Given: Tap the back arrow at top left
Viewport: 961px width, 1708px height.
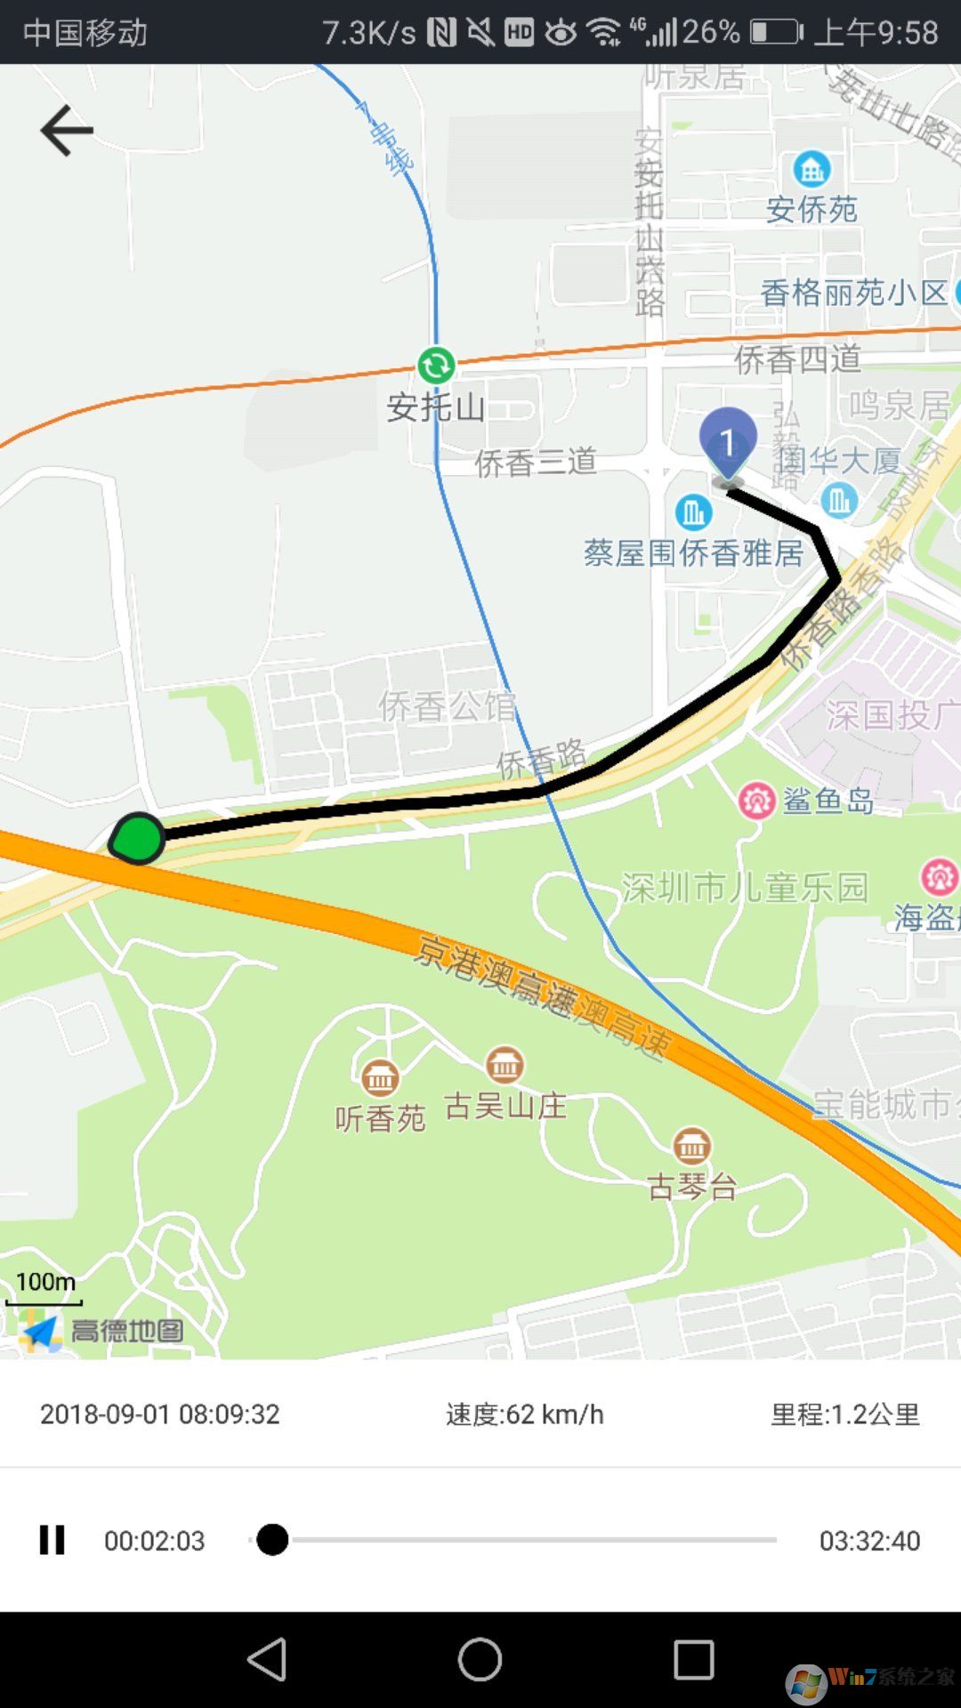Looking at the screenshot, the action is [67, 131].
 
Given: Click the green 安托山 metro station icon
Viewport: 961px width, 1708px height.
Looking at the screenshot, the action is [436, 365].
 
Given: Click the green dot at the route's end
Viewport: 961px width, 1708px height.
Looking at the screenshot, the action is [138, 838].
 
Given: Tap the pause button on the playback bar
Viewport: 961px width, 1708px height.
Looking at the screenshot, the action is [52, 1540].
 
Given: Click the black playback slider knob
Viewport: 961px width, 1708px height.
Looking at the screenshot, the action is [272, 1539].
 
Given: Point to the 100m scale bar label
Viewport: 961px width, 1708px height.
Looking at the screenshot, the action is [45, 1282].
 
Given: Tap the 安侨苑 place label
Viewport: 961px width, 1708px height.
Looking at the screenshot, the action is [812, 210].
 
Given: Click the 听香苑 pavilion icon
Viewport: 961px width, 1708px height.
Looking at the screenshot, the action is [380, 1078].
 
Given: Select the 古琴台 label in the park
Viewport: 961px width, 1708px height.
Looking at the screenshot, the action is [692, 1187].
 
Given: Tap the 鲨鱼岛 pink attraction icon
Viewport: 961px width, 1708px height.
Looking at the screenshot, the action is [756, 801].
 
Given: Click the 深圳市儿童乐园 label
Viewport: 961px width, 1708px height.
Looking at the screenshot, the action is [744, 888].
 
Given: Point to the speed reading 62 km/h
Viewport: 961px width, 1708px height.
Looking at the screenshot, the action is [525, 1414].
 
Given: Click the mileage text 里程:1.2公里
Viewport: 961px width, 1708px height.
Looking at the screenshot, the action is [844, 1414].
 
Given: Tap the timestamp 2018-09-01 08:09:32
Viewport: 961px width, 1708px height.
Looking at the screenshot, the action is [160, 1414].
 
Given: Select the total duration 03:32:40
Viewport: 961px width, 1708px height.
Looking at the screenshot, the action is [869, 1541].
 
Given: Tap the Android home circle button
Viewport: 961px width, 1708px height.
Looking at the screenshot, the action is [480, 1660].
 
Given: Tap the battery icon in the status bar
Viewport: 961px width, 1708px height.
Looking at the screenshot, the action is [776, 33].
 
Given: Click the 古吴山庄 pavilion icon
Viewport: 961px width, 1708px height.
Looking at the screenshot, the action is [505, 1064].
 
